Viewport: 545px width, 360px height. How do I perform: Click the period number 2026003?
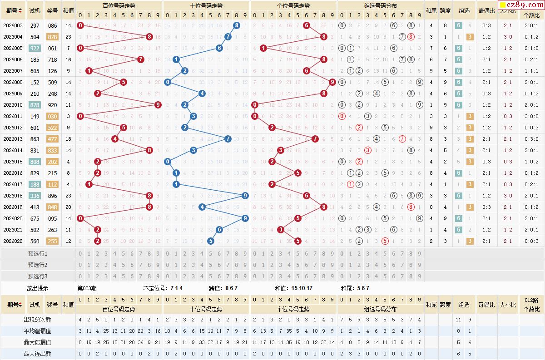point(13,25)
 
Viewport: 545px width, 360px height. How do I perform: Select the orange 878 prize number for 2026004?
point(53,37)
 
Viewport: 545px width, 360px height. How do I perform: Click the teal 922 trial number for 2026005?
point(35,48)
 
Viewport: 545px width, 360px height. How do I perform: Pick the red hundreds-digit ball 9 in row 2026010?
point(158,105)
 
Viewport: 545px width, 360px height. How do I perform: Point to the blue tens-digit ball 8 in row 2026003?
point(237,25)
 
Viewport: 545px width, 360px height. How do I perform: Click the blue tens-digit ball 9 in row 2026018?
point(245,196)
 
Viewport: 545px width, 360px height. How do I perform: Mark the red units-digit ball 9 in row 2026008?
point(332,82)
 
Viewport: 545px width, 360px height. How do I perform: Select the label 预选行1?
point(38,253)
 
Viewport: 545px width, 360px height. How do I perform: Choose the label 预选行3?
point(38,276)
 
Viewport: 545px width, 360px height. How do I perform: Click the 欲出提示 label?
point(38,288)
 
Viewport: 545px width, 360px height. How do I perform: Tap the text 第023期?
point(87,288)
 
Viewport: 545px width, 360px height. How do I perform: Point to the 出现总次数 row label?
point(38,320)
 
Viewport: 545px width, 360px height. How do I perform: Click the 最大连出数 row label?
point(38,354)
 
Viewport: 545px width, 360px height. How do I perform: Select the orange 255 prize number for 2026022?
point(53,241)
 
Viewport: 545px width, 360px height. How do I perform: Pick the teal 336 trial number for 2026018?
point(35,196)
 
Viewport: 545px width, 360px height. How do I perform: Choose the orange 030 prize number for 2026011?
point(53,116)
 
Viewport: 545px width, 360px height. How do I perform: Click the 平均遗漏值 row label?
point(38,331)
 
